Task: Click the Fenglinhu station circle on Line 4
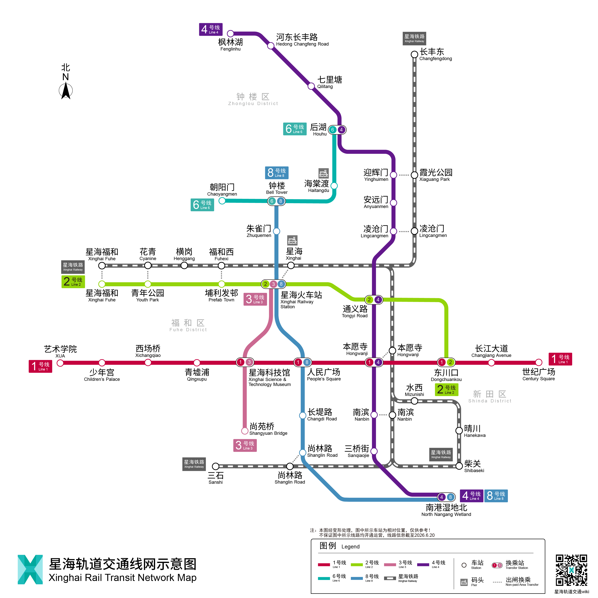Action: click(230, 33)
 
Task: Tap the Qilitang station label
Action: click(329, 82)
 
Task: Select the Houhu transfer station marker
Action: click(337, 130)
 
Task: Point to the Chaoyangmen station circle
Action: click(222, 201)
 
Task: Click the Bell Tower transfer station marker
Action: click(276, 201)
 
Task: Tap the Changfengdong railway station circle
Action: click(414, 55)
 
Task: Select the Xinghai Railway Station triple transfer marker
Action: click(273, 284)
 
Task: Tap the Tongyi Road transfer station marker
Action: click(374, 300)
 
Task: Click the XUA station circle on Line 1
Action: click(60, 363)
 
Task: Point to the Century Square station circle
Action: click(539, 362)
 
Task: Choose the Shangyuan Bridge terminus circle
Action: click(245, 431)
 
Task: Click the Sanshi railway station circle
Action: click(215, 466)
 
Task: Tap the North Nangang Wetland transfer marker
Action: click(446, 497)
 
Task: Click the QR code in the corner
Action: click(571, 570)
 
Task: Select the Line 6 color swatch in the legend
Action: click(324, 578)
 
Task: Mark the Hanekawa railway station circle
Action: click(459, 431)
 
